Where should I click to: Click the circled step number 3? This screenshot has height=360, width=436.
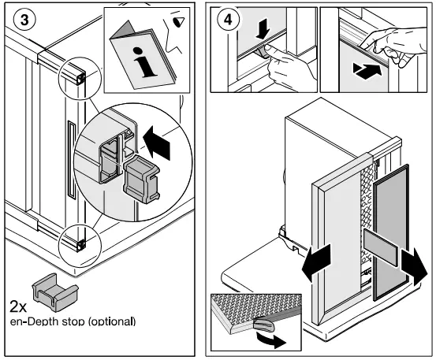(24, 20)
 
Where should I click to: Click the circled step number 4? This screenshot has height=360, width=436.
(228, 20)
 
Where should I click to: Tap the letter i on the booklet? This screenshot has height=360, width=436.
(143, 62)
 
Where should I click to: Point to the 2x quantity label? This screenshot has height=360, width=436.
(18, 306)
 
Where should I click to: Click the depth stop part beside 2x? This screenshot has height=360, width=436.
(55, 291)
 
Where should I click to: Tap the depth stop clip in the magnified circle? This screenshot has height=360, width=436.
(141, 179)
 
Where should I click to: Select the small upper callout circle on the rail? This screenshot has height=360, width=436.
(80, 78)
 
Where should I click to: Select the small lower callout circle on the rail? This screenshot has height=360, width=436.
(80, 246)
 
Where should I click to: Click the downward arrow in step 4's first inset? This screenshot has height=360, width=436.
(263, 29)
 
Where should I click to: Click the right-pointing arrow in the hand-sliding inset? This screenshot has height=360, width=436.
(367, 71)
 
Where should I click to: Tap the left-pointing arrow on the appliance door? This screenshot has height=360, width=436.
(316, 262)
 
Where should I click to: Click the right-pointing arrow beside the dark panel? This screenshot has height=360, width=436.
(414, 267)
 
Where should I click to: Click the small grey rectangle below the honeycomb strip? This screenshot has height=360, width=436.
(380, 243)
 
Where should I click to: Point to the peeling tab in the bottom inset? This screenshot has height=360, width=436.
(263, 325)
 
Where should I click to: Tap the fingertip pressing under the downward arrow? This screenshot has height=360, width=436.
(267, 48)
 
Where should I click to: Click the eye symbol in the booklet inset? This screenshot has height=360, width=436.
(178, 21)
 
